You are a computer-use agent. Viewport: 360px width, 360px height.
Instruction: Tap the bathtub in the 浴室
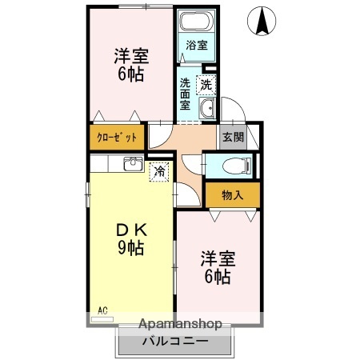click(x=194, y=23)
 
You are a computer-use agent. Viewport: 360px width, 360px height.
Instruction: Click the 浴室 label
click(x=196, y=46)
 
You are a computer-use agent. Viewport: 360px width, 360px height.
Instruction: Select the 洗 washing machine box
click(x=206, y=83)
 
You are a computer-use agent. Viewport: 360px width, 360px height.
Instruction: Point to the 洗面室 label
click(x=186, y=94)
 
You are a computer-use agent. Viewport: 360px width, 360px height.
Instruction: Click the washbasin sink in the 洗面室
click(x=207, y=109)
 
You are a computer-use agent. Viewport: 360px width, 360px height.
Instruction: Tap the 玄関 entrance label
click(x=232, y=137)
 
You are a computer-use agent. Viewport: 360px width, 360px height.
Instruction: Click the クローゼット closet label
click(x=117, y=137)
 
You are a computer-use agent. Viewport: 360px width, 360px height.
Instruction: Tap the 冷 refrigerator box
click(x=159, y=170)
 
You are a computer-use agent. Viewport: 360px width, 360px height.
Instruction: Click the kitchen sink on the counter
click(x=134, y=165)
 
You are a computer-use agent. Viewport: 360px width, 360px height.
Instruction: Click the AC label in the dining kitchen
click(x=102, y=310)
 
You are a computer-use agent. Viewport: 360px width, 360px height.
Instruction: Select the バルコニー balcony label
click(x=175, y=342)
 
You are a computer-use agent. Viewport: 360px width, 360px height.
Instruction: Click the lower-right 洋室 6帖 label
click(x=216, y=268)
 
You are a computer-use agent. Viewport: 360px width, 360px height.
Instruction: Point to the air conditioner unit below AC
click(x=102, y=318)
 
